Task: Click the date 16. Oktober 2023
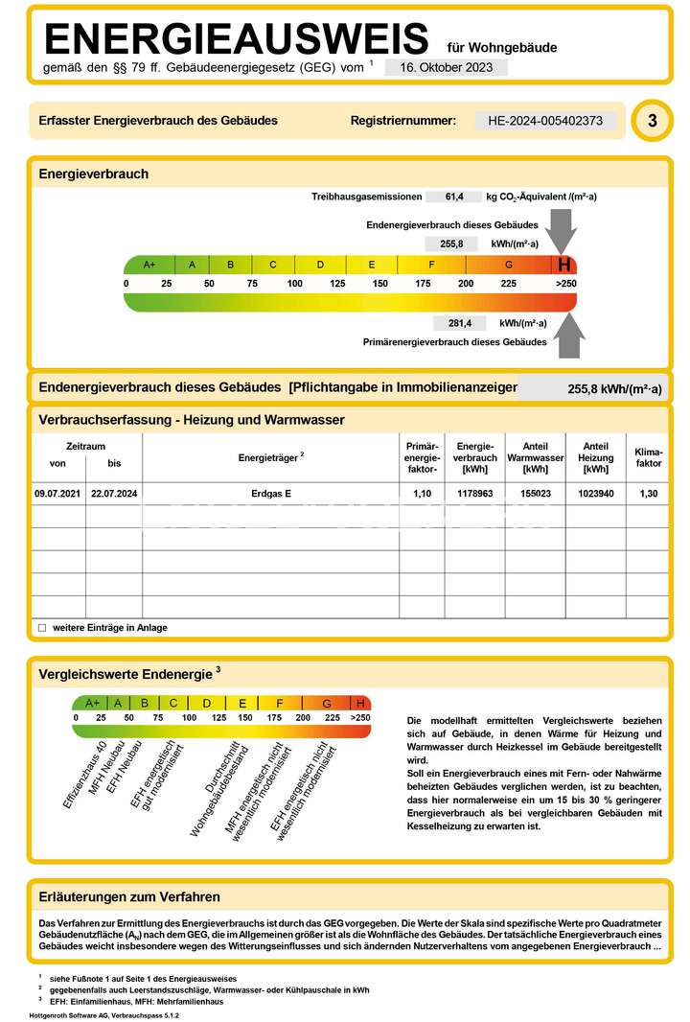[446, 67]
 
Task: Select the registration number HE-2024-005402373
[545, 121]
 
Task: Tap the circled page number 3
[653, 122]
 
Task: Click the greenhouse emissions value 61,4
[455, 197]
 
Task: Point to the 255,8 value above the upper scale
[451, 244]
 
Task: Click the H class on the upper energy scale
[563, 265]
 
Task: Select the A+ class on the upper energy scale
[149, 265]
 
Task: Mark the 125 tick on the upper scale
[337, 284]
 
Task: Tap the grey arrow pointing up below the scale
[570, 335]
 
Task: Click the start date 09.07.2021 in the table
[58, 493]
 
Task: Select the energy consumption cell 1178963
[474, 493]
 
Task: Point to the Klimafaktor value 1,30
[648, 493]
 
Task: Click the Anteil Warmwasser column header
[535, 457]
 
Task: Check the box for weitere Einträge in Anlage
[42, 628]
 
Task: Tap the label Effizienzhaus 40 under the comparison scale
[84, 775]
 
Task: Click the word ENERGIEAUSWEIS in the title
[237, 38]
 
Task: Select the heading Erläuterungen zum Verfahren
[129, 897]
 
